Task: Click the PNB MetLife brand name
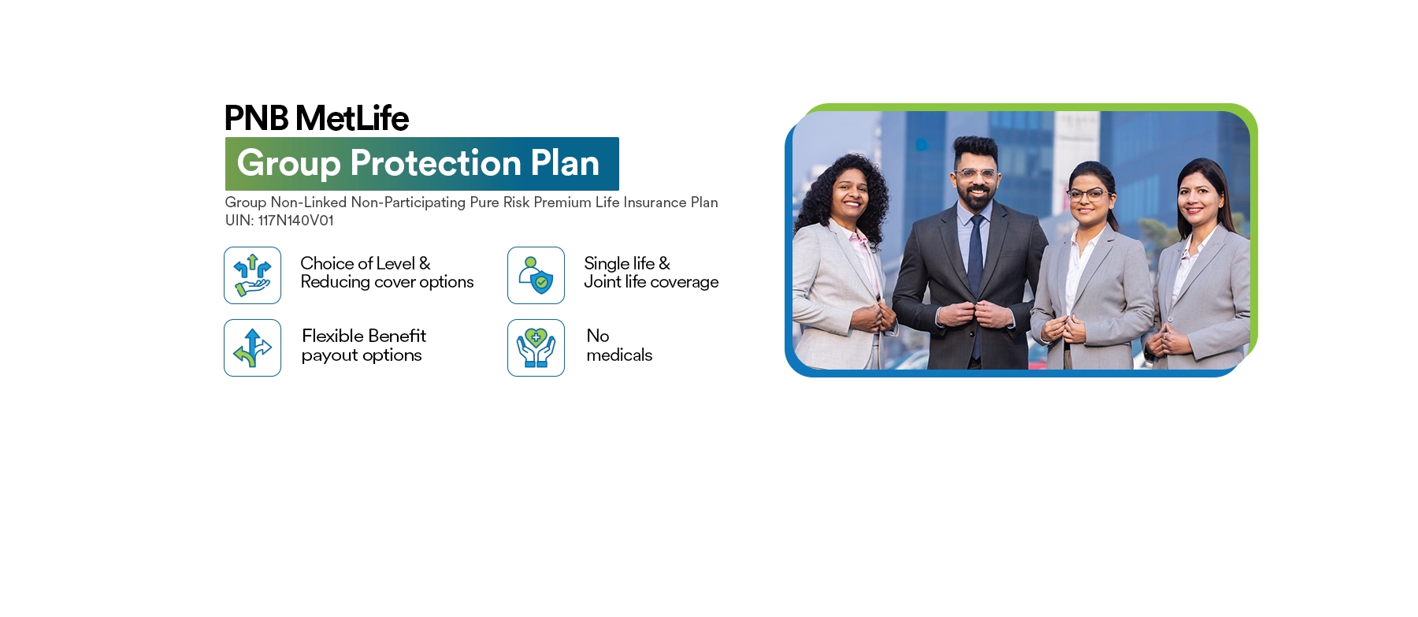[317, 118]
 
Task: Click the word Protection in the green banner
[436, 163]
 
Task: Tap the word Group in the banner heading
[288, 164]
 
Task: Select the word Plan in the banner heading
[565, 163]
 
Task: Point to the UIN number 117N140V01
[295, 221]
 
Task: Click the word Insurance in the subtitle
[655, 203]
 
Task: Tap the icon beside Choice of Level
[252, 275]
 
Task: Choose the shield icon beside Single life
[536, 275]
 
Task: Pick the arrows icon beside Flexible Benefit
[252, 348]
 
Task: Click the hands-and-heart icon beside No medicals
[536, 348]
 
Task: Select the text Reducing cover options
[387, 282]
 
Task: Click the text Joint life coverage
[651, 282]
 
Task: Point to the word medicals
[619, 355]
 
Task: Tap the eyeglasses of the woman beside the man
[1087, 194]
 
